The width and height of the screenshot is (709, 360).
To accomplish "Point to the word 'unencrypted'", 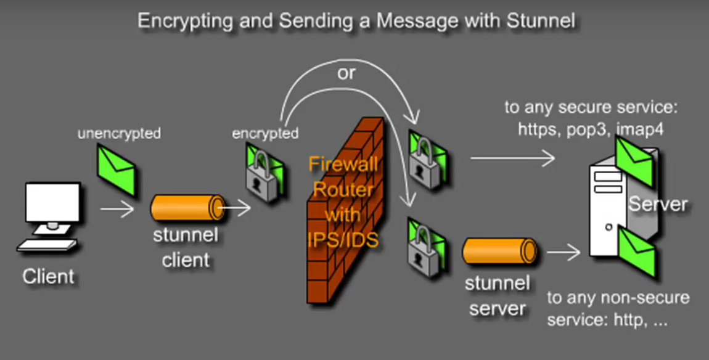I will click(118, 133).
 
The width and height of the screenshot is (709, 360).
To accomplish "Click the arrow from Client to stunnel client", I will click(117, 210).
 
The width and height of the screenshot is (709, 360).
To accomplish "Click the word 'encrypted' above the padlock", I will click(265, 133).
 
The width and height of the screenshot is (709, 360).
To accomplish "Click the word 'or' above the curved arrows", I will click(346, 73).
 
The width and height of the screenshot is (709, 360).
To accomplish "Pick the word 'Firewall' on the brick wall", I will click(343, 166).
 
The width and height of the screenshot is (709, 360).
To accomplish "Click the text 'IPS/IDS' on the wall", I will click(343, 239).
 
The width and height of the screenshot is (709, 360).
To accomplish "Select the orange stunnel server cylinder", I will click(499, 252).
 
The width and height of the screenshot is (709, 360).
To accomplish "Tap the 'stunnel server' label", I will click(497, 296).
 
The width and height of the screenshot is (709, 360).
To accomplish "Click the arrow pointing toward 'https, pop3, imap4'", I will click(512, 159).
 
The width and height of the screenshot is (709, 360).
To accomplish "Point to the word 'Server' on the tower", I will click(657, 204).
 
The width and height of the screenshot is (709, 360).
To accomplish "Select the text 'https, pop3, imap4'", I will click(591, 129).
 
